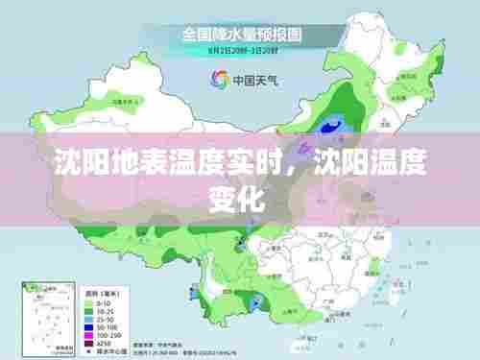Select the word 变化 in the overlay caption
[x=239, y=199]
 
